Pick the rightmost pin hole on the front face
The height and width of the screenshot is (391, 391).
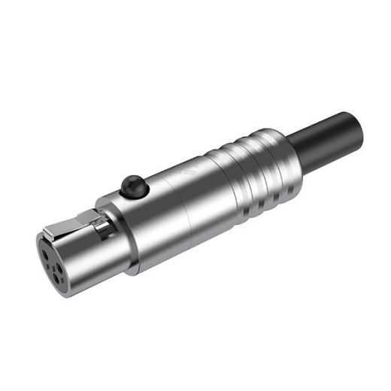point(62,256)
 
